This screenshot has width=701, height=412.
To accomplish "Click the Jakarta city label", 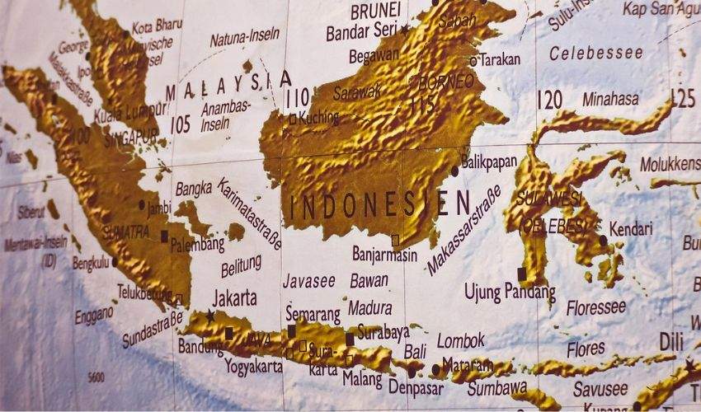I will pyautogui.click(x=234, y=297).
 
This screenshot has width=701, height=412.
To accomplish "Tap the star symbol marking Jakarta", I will pyautogui.click(x=210, y=315).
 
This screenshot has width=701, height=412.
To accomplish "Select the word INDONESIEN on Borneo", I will pyautogui.click(x=379, y=204).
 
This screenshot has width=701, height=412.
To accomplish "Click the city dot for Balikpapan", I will pyautogui.click(x=454, y=171).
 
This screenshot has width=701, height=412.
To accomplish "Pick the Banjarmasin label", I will pyautogui.click(x=384, y=254).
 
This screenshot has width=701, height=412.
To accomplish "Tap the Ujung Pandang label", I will pyautogui.click(x=509, y=292).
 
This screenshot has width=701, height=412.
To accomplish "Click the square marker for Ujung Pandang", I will pyautogui.click(x=521, y=272).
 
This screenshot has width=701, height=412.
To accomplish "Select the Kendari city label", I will pyautogui.click(x=630, y=229).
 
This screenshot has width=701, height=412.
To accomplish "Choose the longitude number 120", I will pyautogui.click(x=548, y=101).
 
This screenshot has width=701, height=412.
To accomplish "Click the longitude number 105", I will pyautogui.click(x=180, y=124).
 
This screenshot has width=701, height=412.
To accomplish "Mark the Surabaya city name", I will pyautogui.click(x=383, y=332).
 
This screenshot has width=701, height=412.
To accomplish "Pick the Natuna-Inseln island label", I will pyautogui.click(x=244, y=37).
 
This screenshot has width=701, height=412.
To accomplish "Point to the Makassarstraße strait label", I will pyautogui.click(x=463, y=231).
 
